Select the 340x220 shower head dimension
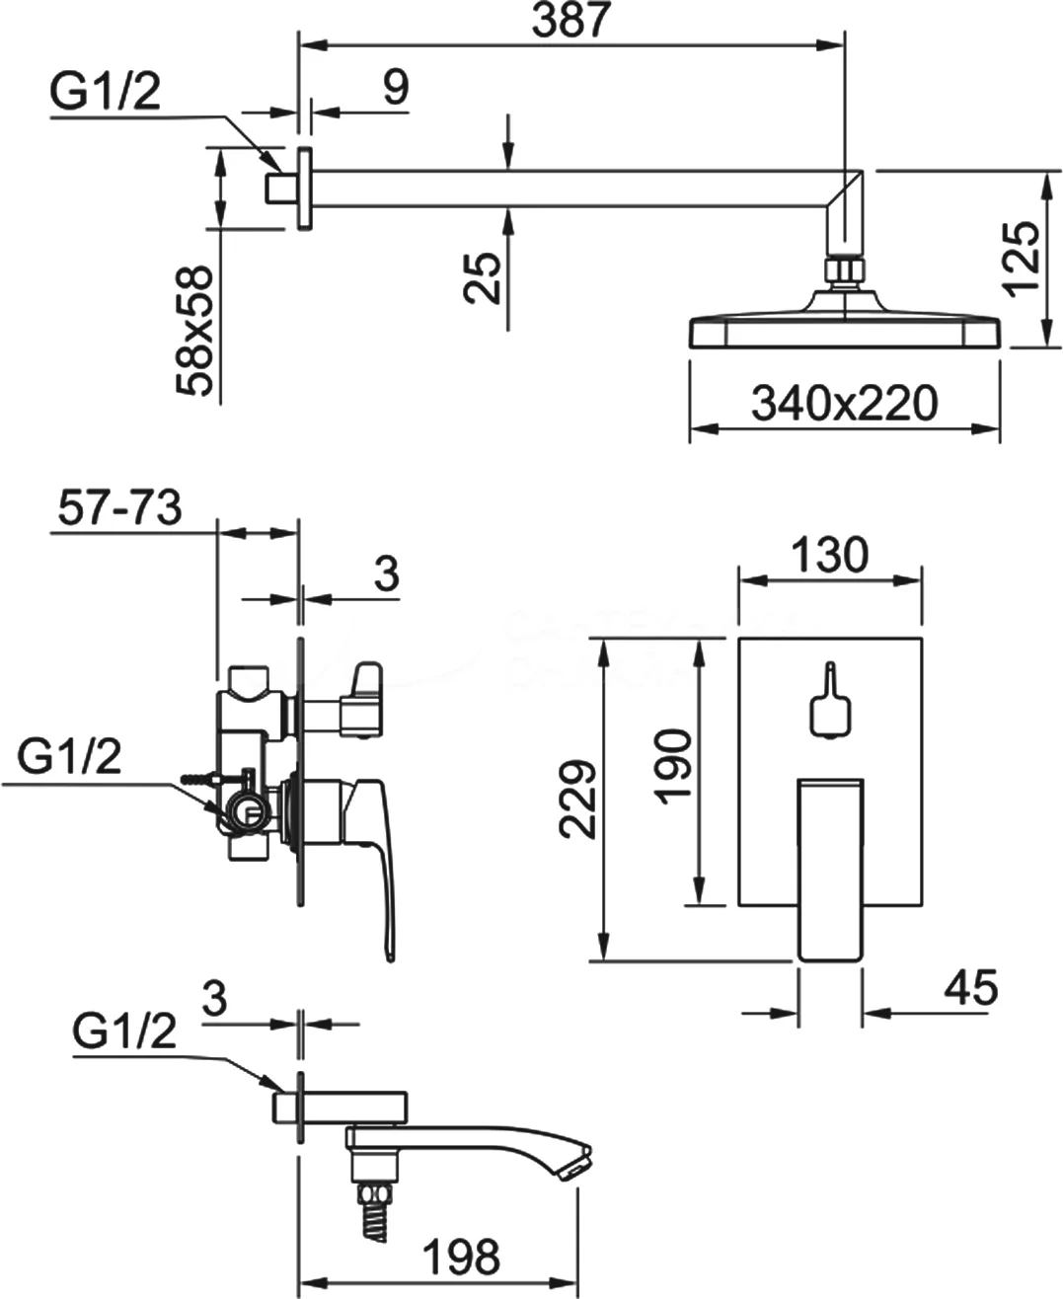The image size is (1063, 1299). tap(843, 403)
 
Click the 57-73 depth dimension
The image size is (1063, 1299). tap(117, 509)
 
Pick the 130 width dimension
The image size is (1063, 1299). tap(829, 555)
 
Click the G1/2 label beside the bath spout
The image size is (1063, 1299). tap(124, 1033)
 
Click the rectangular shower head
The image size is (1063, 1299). tap(844, 331)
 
